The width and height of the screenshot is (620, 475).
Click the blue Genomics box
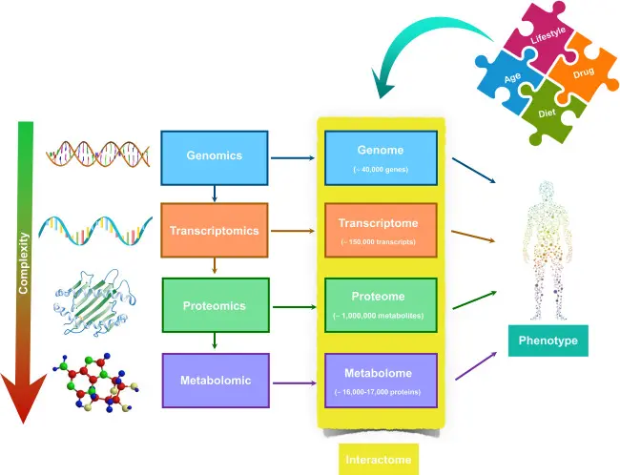214,155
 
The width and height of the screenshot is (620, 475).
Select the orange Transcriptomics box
214,230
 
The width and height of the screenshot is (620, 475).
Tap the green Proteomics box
214,306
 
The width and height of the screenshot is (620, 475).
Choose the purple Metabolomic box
214,380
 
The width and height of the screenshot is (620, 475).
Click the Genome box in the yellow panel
381,157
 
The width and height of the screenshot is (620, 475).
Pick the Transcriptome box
381,230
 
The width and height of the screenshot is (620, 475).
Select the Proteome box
381,305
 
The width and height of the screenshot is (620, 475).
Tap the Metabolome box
381,380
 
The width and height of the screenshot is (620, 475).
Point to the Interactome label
379,460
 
